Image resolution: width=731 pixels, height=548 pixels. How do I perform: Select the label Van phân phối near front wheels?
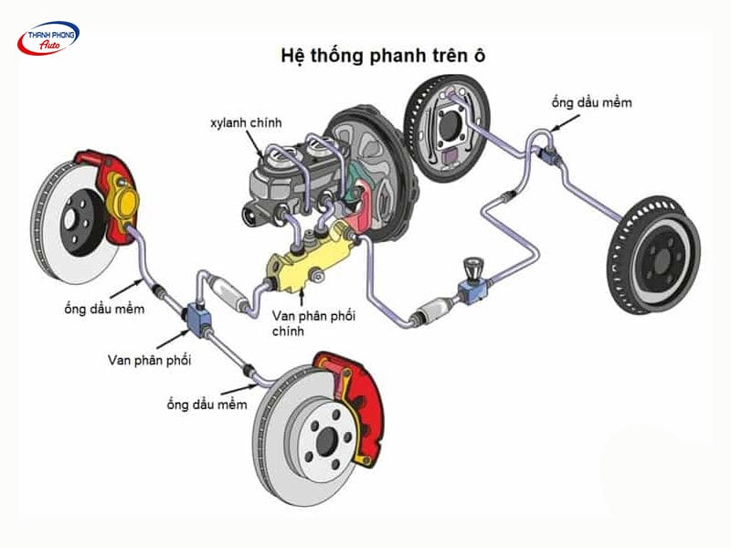coord(149,360)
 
